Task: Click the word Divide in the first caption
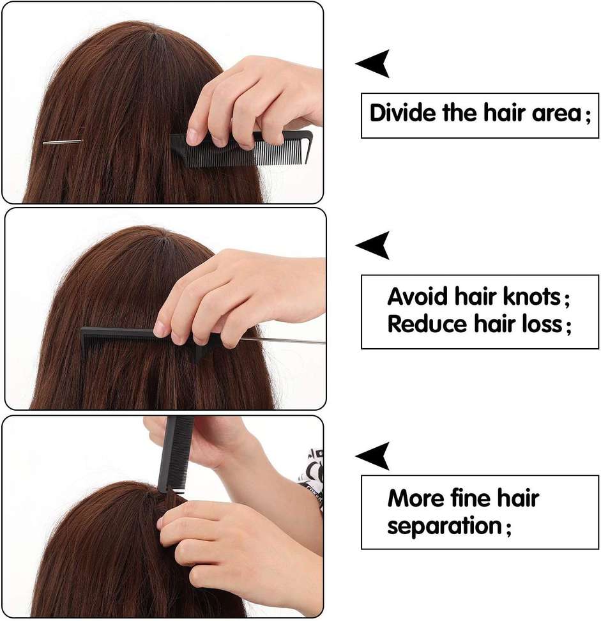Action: [402, 113]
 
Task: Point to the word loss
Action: [542, 324]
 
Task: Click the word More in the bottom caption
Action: [416, 498]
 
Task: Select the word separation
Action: [445, 526]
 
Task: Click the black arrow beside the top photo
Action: [374, 63]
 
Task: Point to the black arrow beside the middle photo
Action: [374, 245]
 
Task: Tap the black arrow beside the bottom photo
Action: [374, 456]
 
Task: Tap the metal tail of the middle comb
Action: [283, 340]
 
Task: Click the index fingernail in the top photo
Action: [192, 136]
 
